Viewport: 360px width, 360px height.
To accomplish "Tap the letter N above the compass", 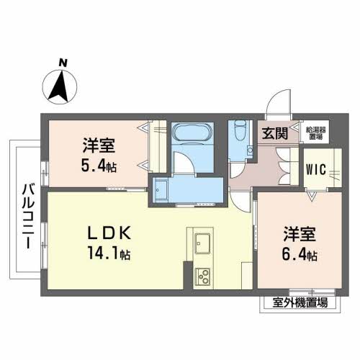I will point(63,63).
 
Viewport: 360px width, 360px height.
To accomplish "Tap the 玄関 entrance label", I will point(274,132).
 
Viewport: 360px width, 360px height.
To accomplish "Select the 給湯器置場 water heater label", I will point(314,132).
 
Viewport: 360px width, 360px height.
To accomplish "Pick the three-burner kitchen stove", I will point(202,275).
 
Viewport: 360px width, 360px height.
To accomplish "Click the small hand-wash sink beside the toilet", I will point(248,151).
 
